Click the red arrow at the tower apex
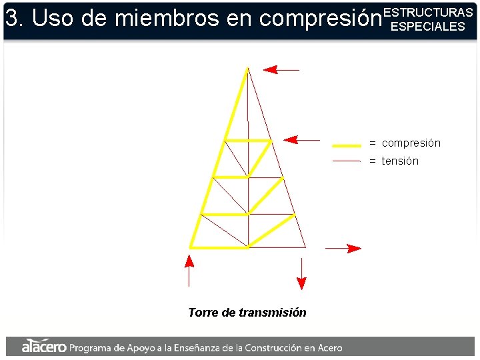click(x=281, y=69)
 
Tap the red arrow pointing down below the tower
click(x=301, y=273)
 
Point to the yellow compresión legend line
click(x=347, y=144)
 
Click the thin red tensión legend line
click(x=347, y=161)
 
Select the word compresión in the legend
click(x=411, y=143)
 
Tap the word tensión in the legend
click(x=400, y=161)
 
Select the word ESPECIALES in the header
click(x=427, y=27)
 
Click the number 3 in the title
click(x=11, y=19)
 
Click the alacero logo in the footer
click(x=43, y=347)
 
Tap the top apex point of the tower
click(x=247, y=68)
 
